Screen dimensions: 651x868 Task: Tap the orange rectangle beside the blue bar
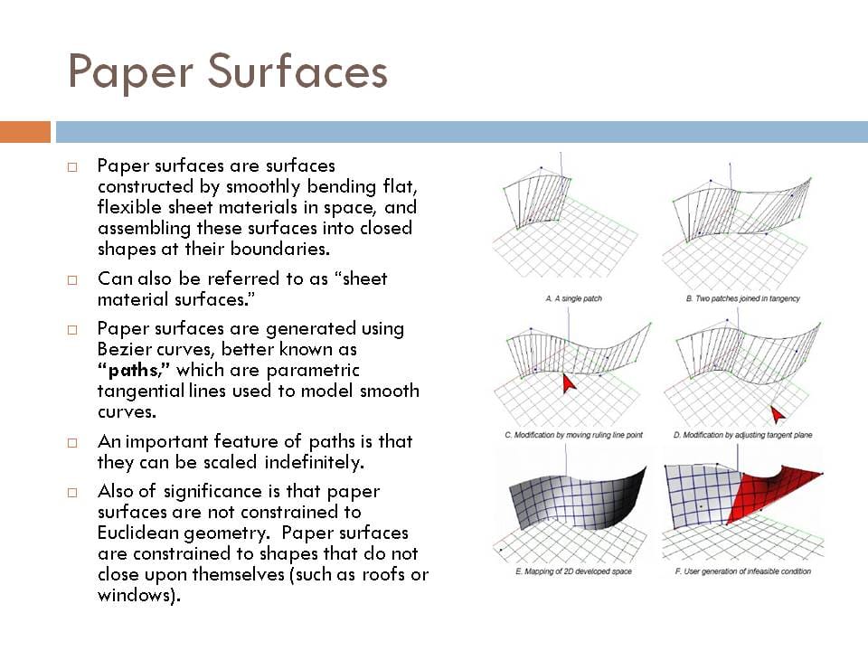pyautogui.click(x=24, y=132)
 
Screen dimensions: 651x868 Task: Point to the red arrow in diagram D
pyautogui.click(x=777, y=415)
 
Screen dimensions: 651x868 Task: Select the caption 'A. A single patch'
pyautogui.click(x=573, y=298)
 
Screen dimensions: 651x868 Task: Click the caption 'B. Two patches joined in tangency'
pyautogui.click(x=742, y=298)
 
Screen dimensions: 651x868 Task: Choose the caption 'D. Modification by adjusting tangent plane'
pyautogui.click(x=742, y=435)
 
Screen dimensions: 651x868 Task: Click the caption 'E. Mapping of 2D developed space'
pyautogui.click(x=573, y=571)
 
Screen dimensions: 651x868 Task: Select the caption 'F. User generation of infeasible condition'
pyautogui.click(x=742, y=571)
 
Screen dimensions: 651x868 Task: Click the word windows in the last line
pyautogui.click(x=134, y=595)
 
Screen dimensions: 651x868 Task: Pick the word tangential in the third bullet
pyautogui.click(x=139, y=391)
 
